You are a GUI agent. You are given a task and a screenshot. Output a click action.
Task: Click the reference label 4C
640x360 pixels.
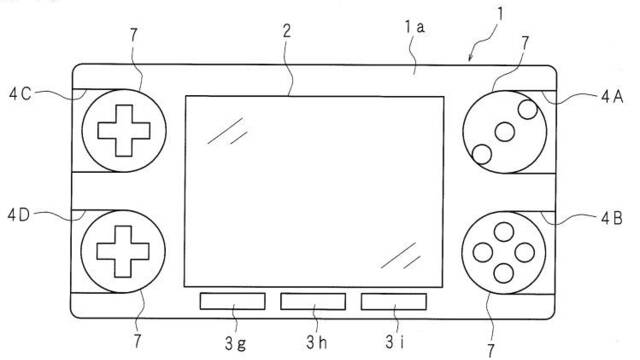point(20,94)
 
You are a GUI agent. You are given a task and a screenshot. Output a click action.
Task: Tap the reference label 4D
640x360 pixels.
point(19,215)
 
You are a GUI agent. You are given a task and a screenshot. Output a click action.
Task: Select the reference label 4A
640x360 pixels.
point(612,97)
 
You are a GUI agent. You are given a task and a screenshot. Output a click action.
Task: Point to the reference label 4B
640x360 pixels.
point(611,219)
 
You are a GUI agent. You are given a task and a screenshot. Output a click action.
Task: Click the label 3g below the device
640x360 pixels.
point(236,343)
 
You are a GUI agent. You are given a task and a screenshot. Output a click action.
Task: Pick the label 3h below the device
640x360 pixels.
point(317,342)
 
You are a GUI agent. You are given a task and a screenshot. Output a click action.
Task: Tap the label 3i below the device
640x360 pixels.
point(395,342)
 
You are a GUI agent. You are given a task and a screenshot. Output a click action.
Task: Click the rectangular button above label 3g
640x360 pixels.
point(233,301)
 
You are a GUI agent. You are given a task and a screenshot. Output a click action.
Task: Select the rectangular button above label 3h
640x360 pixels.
point(313,301)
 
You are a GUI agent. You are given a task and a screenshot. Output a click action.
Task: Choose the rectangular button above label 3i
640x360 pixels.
point(394,302)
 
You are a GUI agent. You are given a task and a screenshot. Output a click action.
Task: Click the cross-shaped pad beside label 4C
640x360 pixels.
point(124,131)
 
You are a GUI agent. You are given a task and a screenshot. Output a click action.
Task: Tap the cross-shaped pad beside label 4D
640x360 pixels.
point(123,251)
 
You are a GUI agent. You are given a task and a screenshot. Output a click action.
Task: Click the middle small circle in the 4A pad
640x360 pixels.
point(504,132)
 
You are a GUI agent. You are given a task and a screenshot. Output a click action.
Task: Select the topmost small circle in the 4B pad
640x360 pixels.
point(504,232)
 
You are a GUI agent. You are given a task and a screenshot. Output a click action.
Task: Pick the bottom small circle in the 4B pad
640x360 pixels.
point(504,273)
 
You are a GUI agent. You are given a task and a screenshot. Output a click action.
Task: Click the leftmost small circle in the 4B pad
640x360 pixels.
point(483,252)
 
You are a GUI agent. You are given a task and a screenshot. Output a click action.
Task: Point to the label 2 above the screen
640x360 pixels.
point(287,31)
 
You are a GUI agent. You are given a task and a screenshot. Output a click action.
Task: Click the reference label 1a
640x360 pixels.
point(415,27)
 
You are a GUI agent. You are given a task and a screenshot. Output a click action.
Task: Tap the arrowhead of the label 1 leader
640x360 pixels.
point(471,60)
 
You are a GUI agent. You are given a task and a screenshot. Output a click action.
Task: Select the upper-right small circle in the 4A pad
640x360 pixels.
point(528,109)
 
